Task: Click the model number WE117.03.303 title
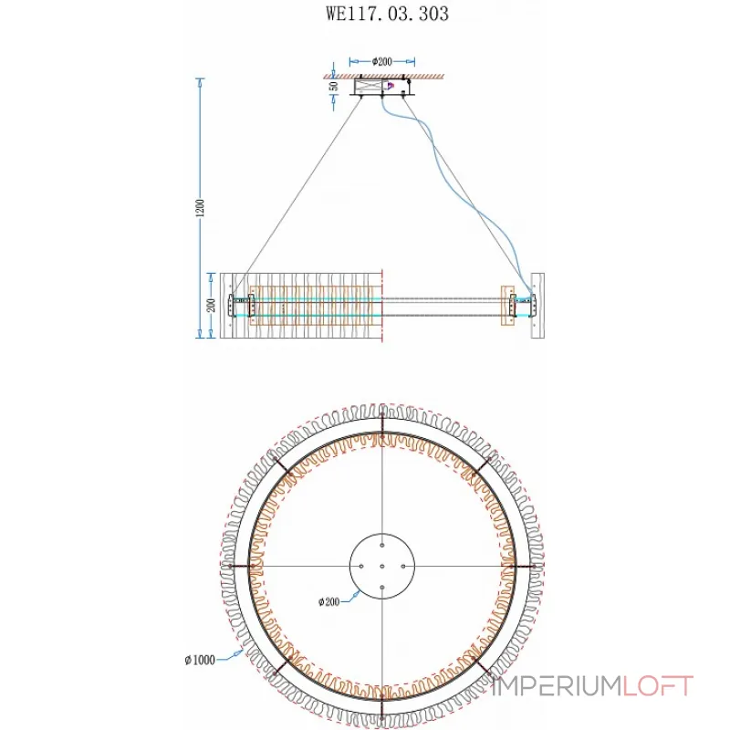387,15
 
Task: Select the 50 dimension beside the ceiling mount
334,87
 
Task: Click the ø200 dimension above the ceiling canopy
382,62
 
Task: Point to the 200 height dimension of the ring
212,306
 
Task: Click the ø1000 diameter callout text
199,660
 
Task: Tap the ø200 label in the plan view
329,601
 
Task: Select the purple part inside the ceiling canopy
391,87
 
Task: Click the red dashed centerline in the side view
383,306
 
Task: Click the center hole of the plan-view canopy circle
382,566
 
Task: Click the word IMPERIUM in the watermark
557,685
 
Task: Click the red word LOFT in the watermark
658,685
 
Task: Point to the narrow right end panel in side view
537,306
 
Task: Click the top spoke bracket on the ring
382,429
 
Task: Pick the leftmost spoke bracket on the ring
245,566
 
